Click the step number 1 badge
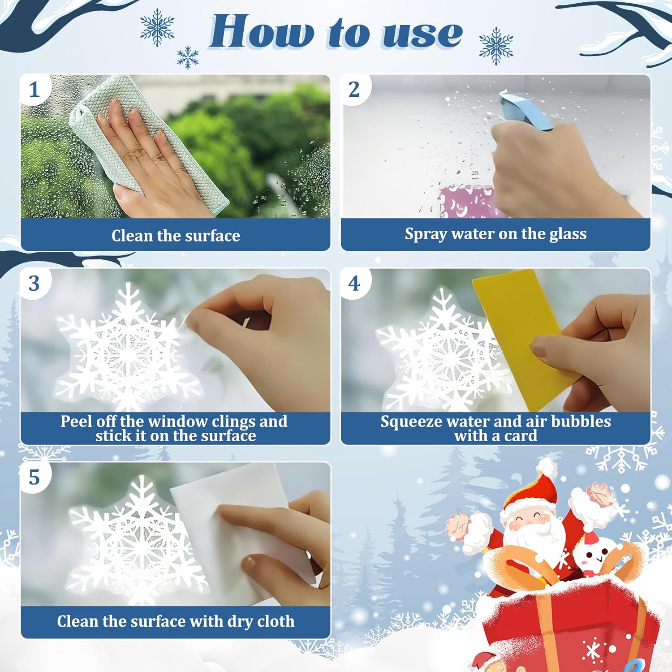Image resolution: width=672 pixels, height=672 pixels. coord(34,89)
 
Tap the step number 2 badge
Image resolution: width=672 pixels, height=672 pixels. coord(354,89)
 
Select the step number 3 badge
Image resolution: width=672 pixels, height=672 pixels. coord(34,283)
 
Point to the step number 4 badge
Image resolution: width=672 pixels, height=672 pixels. coord(354,283)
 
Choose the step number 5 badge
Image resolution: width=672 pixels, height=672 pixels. coord(34,477)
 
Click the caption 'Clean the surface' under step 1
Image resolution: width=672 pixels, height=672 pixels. coord(176,235)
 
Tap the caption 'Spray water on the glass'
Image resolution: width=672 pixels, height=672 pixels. coord(495,233)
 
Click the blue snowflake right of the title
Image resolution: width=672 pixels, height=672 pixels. coord(496,46)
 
